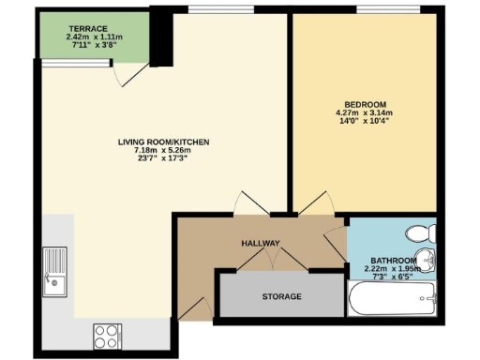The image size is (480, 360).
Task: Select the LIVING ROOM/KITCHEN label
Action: pos(163,142)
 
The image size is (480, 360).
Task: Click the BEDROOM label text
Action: pos(365,105)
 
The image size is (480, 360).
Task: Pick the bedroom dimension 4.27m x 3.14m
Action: pos(365,113)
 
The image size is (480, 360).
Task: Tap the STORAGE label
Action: pos(281,297)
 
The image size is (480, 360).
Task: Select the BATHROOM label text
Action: pos(393,260)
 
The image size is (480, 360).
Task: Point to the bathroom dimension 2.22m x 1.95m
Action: pos(394,268)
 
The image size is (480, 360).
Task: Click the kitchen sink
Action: pos(55,269)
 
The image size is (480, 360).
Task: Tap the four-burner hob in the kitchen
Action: pos(104,334)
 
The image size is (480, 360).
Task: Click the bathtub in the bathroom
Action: pos(392,302)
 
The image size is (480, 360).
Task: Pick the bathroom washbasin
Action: pos(427,260)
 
